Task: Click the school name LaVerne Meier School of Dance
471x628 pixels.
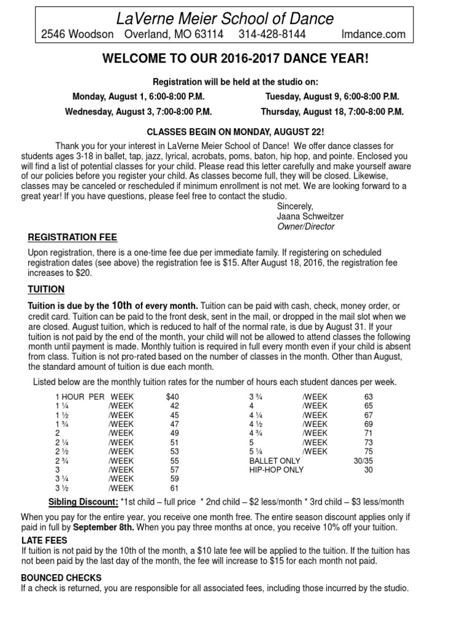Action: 235,18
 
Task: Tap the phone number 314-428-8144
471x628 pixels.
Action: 272,34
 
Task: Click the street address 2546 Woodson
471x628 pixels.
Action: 77,34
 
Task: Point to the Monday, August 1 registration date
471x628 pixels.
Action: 139,97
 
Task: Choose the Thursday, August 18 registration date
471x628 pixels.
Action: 332,112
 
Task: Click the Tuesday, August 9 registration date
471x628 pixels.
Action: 332,97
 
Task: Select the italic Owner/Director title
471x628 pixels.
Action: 306,226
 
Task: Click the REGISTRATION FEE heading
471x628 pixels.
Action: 72,237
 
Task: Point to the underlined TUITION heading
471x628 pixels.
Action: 46,289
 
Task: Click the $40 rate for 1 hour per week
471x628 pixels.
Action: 172,397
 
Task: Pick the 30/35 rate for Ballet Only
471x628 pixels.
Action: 363,461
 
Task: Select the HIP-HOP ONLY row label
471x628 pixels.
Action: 276,470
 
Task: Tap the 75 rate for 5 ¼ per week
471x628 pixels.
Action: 368,451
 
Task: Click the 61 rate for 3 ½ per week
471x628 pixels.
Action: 174,488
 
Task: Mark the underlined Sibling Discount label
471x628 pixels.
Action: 83,501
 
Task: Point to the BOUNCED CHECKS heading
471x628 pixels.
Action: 61,578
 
